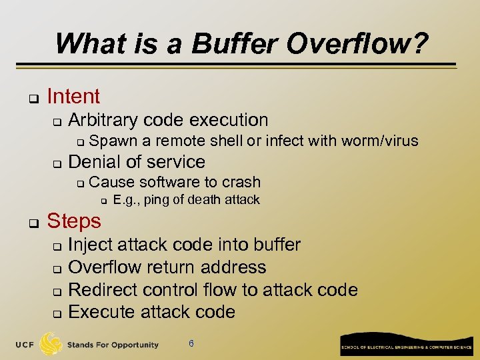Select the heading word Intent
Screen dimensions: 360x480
[x=73, y=97]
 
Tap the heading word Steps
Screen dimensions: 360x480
[x=74, y=221]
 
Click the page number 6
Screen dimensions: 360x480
[x=191, y=344]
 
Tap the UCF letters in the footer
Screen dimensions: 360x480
[x=25, y=345]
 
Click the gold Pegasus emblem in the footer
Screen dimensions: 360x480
[x=51, y=344]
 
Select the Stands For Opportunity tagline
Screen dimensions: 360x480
[x=113, y=345]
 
